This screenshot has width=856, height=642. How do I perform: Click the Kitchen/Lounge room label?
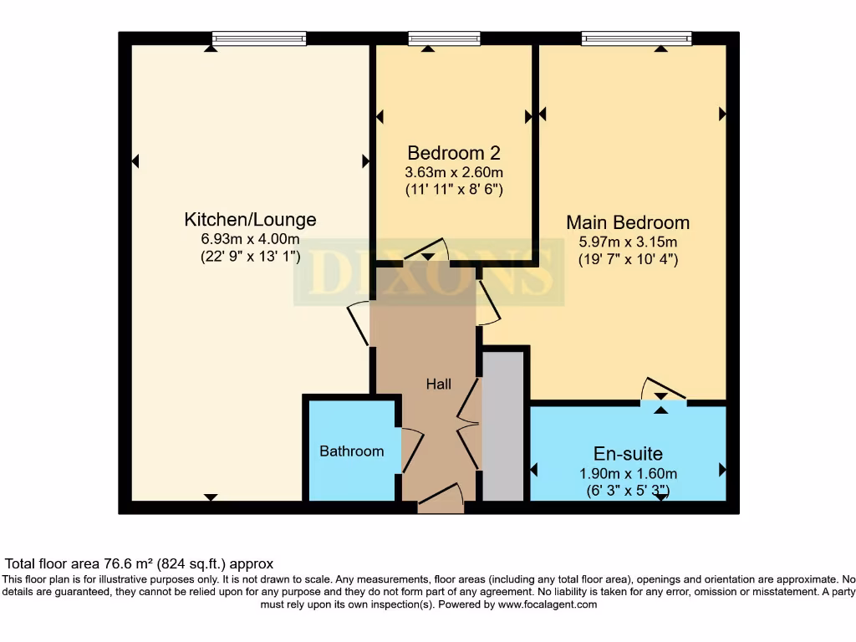coord(250,220)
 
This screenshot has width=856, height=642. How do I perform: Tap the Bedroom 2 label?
coord(453,153)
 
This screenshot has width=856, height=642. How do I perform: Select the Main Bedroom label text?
coord(628,222)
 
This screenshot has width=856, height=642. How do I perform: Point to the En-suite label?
coord(628,454)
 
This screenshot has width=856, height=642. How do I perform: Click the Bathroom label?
coord(352,451)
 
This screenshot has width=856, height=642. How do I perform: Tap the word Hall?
coord(439,385)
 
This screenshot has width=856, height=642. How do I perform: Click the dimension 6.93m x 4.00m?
coord(250,239)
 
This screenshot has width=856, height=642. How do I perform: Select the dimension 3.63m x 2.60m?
coord(453,172)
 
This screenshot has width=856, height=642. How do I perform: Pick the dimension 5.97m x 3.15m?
coord(628,242)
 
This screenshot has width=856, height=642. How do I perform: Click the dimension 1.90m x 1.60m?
coord(628,473)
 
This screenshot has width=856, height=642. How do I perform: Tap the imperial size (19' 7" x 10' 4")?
coord(628,259)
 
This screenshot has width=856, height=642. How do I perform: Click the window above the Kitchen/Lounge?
coord(258,38)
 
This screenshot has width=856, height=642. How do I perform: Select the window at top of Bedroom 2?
coord(444,38)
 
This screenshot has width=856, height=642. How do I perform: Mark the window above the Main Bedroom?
coord(637,38)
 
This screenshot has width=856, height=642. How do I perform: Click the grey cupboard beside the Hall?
coord(503,426)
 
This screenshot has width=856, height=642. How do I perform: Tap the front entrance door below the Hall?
coord(441,500)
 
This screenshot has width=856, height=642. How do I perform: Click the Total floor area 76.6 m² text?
coord(140,564)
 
